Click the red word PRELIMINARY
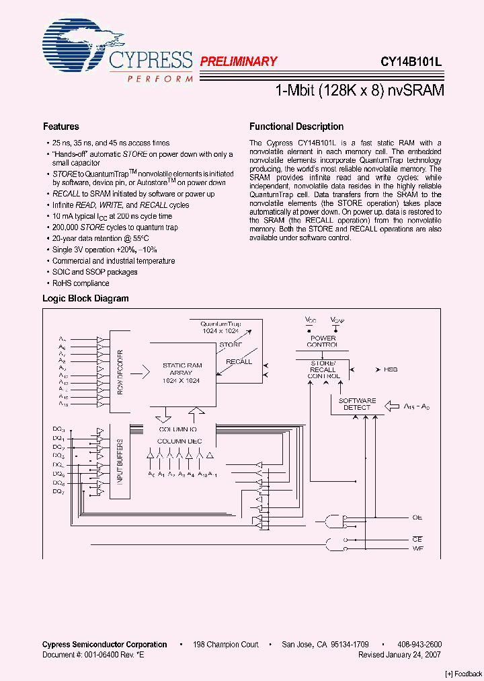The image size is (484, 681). point(239,61)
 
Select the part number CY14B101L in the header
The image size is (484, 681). point(410,61)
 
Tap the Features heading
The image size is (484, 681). point(61,127)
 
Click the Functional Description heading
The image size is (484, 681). point(296,127)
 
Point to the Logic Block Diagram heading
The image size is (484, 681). point(85,298)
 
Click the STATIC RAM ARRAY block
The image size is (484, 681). point(182,372)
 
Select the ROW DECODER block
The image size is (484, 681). point(120,372)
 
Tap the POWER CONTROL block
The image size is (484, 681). point(323,341)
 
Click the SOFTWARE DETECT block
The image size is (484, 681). point(357,404)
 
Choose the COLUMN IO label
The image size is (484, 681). point(178,429)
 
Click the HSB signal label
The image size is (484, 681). point(391,369)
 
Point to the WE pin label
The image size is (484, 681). point(417,550)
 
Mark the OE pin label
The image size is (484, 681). point(417,517)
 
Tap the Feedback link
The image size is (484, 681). point(463,674)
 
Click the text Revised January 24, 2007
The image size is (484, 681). point(399,654)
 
